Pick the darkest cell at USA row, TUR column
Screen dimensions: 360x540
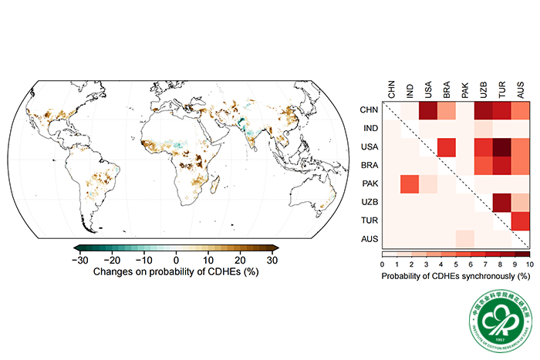click(502, 147)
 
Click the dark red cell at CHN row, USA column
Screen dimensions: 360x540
click(428, 110)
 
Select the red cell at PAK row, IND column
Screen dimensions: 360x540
click(410, 185)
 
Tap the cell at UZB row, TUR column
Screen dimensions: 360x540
click(502, 204)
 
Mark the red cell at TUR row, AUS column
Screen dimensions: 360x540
click(521, 222)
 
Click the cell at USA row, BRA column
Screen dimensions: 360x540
click(447, 147)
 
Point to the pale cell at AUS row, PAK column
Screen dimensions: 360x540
click(465, 240)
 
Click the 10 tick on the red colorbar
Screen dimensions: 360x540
click(528, 264)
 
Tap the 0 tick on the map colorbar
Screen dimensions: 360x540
click(176, 260)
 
